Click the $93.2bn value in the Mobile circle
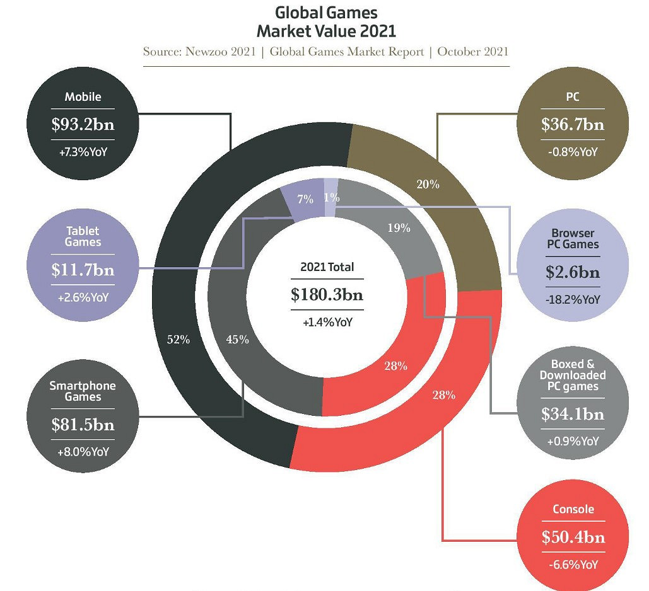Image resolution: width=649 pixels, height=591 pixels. tap(83, 125)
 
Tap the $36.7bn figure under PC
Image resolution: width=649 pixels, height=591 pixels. tap(572, 125)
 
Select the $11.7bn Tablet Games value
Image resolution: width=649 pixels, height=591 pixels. tap(83, 270)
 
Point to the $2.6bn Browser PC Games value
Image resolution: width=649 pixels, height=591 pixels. tap(572, 273)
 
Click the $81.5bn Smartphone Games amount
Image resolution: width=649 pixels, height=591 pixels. tap(83, 425)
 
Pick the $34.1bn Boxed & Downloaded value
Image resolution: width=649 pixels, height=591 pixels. tap(572, 414)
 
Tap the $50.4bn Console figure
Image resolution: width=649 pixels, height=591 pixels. tap(572, 537)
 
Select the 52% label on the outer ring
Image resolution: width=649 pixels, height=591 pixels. tap(178, 340)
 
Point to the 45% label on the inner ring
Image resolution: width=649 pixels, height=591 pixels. tap(237, 340)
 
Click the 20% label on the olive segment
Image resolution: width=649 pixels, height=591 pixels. tap(428, 185)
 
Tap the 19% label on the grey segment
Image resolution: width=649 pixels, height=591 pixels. tap(399, 228)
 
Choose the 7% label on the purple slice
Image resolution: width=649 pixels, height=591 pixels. tap(305, 199)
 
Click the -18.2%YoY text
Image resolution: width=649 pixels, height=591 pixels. tap(572, 299)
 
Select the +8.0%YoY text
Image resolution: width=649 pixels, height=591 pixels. tap(83, 451)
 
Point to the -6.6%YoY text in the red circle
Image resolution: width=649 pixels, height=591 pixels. tap(572, 565)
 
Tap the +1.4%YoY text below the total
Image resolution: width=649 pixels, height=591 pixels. tap(327, 322)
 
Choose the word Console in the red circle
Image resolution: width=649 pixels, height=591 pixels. tap(572, 509)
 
